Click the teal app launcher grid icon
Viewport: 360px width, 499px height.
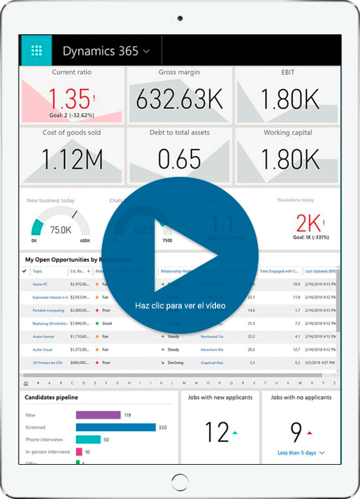(x=36, y=51)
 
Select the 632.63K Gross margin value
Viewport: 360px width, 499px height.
(x=180, y=99)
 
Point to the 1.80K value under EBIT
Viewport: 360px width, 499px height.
(x=287, y=99)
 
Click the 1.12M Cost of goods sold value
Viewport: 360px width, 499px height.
(x=72, y=160)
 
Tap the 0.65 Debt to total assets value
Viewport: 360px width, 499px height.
(x=179, y=160)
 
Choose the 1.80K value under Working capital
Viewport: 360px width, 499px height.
(x=287, y=160)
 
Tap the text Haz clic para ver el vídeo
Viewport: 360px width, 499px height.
(x=180, y=306)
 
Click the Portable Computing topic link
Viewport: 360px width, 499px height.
(x=49, y=309)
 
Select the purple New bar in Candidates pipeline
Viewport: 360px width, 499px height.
(x=98, y=415)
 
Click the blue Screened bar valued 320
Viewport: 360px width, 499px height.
(x=116, y=427)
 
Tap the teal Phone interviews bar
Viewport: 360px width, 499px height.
(x=88, y=439)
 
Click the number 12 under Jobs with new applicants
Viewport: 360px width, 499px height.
(x=217, y=433)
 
